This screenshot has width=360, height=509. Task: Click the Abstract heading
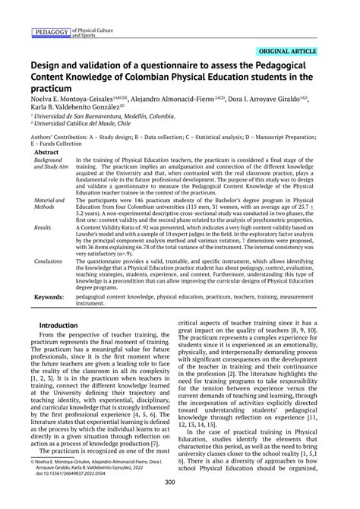coord(47,152)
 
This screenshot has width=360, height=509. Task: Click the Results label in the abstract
coord(43,227)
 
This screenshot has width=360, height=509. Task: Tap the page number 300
coord(180,501)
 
